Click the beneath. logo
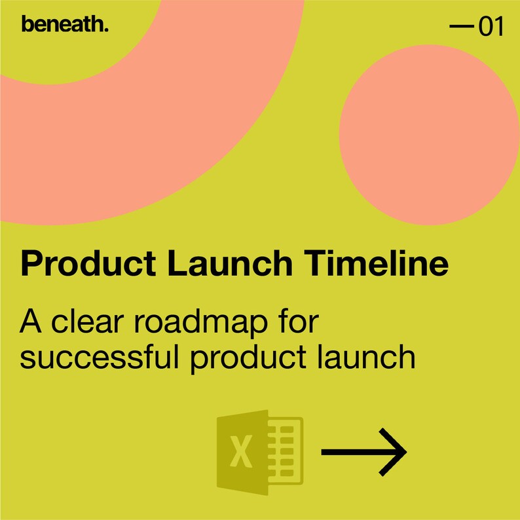(x=64, y=25)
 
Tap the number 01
(x=491, y=28)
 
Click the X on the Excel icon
(x=242, y=452)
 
